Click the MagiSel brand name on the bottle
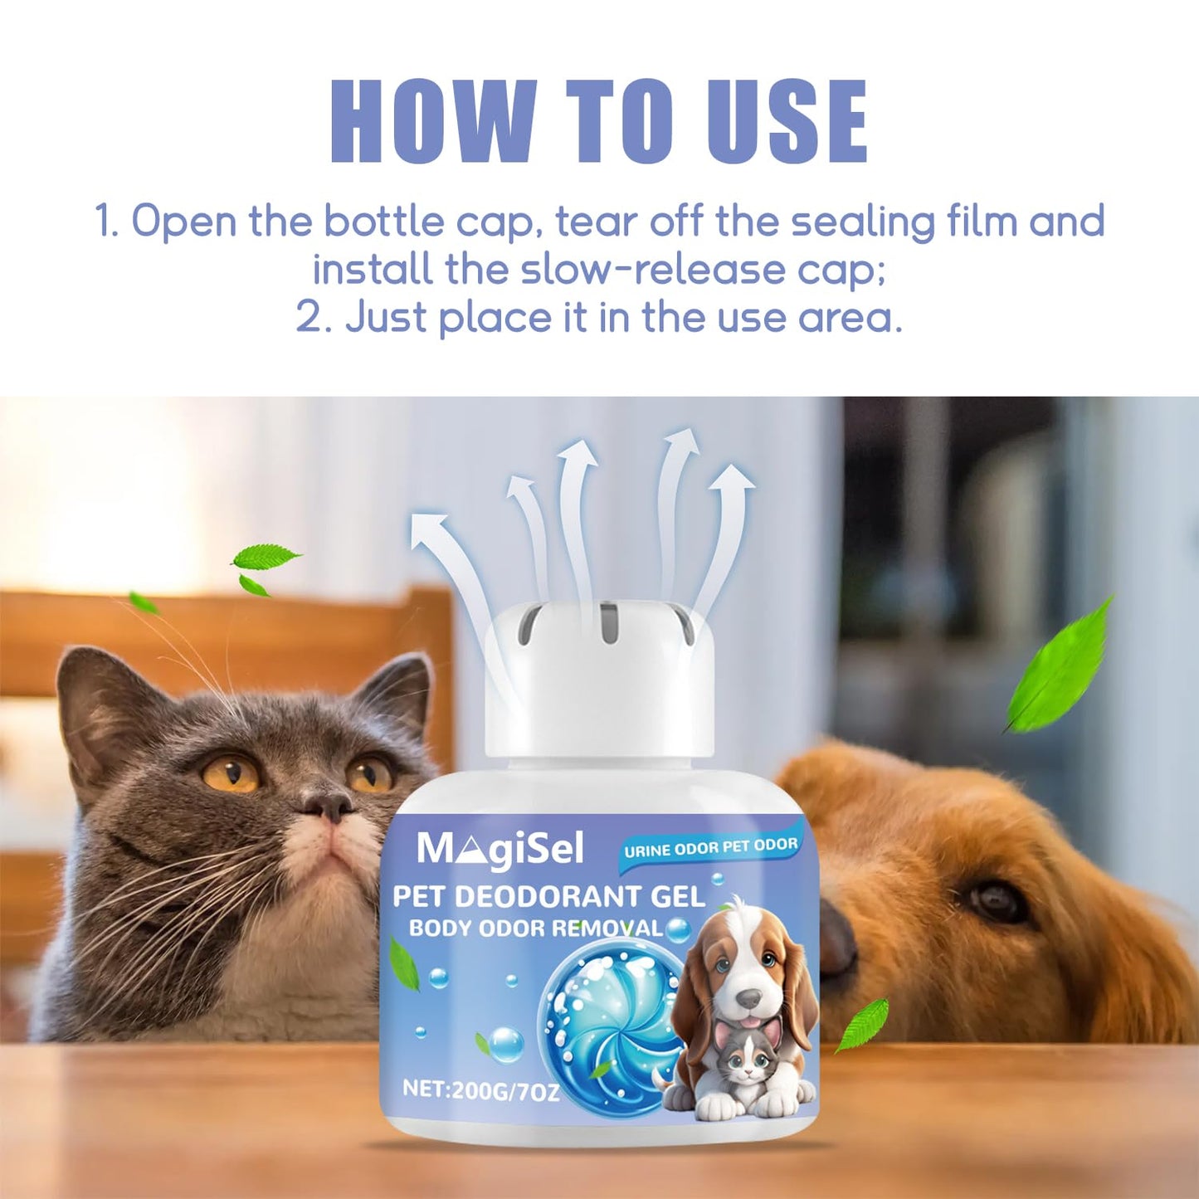pos(501,850)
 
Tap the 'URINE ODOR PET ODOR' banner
pos(710,847)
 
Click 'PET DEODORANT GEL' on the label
pos(549,897)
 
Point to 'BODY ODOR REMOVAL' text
pos(535,929)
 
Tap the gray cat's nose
pos(330,807)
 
